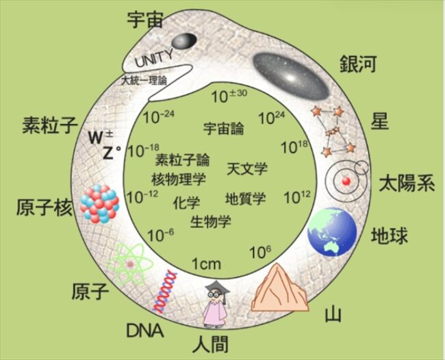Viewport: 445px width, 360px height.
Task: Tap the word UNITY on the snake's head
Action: pos(154,59)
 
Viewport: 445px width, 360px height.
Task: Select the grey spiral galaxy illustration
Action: pos(291,77)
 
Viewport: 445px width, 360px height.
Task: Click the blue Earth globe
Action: pos(332,231)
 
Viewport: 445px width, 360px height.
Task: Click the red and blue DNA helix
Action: pos(165,292)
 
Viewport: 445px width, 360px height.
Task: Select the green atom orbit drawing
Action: pos(130,264)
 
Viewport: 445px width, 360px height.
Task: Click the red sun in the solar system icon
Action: pos(346,181)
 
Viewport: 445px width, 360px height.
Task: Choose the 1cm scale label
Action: pos(206,264)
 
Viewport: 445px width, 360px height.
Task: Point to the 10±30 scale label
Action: pos(229,97)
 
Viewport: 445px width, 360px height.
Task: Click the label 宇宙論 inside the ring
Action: pos(224,129)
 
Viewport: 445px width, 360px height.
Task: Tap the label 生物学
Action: pos(211,221)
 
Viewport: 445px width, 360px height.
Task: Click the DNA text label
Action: pos(144,330)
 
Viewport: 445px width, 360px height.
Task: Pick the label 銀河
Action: pos(358,64)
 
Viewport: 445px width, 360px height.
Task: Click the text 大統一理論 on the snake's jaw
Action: pos(144,81)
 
